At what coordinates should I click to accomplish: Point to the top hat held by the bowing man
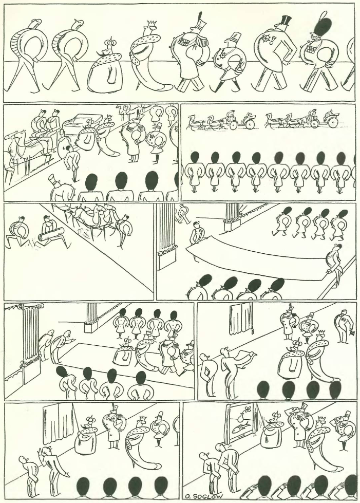pos(353,333)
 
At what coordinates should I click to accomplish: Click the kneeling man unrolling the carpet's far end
pos(195,233)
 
